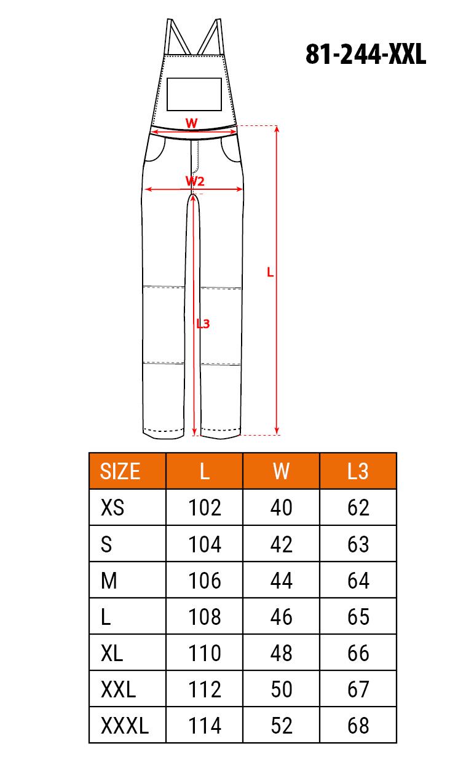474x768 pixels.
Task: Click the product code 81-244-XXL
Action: pos(366,54)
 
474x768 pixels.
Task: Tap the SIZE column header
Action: pos(120,471)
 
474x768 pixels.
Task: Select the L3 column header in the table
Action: pos(358,471)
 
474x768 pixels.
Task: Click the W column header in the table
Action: pos(281,471)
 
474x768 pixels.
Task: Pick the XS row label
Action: pos(113,507)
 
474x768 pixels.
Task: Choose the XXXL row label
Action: pos(125,726)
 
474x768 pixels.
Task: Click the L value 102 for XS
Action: pos(205,507)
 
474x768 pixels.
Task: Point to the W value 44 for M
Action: pos(281,581)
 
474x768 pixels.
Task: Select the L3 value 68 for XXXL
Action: pos(358,726)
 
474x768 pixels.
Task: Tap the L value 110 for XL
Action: pos(205,652)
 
